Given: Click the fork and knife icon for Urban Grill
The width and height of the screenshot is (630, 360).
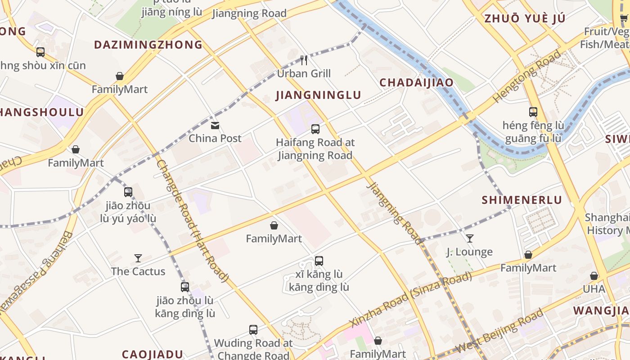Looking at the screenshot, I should (304, 60).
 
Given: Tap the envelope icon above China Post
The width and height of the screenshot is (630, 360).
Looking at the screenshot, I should (215, 126).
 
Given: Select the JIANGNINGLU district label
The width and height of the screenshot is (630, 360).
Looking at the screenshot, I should (318, 95).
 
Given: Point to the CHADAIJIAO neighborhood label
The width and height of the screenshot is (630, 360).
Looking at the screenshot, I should (416, 83).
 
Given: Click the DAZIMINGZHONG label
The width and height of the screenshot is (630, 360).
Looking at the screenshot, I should (148, 45).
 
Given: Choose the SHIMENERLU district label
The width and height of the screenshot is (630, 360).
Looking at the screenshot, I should (522, 200).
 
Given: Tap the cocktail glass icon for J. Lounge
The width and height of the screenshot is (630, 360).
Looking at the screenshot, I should (469, 238).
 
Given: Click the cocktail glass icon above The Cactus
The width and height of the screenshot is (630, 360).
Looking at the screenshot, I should (138, 258).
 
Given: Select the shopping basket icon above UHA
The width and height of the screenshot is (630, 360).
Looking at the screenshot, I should (594, 276).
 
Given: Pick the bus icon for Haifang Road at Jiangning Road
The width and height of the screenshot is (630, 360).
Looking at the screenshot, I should (315, 129).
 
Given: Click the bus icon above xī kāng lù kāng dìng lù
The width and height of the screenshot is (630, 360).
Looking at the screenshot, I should (319, 261).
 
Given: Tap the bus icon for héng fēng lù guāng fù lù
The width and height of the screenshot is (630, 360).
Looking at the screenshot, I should (533, 112).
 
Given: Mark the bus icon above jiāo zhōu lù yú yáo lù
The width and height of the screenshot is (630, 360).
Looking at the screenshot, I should (128, 192).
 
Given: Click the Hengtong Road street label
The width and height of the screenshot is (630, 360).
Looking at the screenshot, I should (527, 76).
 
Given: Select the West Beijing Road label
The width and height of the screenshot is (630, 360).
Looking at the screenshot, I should (499, 331).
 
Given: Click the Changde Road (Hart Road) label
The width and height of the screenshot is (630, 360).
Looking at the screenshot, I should (192, 220).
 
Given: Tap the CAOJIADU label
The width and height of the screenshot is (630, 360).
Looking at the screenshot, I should (153, 354).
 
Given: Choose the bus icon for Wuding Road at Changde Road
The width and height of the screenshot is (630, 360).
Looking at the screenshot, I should (253, 330).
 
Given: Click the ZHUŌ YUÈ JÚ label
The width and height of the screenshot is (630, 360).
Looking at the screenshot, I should (524, 18).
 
